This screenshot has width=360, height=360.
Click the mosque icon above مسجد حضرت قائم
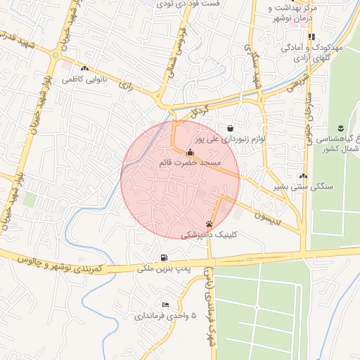pos(189,152)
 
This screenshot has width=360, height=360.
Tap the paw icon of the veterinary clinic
pos(209,224)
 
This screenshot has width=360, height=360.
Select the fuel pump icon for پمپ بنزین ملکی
pos(164,257)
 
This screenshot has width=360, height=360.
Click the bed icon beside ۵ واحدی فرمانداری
pos(165,304)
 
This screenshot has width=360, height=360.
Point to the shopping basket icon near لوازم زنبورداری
pos(231,128)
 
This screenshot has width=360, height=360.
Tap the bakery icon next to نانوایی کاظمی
pos(84,69)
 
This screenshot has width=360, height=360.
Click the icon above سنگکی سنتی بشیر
pos(303,176)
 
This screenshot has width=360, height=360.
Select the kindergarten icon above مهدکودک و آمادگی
pos(311,37)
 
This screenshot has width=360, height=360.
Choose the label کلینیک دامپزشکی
pos(210,236)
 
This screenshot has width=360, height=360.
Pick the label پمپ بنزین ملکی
pos(164,269)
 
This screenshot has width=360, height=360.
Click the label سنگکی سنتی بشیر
pos(304,188)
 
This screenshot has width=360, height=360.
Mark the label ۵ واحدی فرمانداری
pos(166,316)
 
